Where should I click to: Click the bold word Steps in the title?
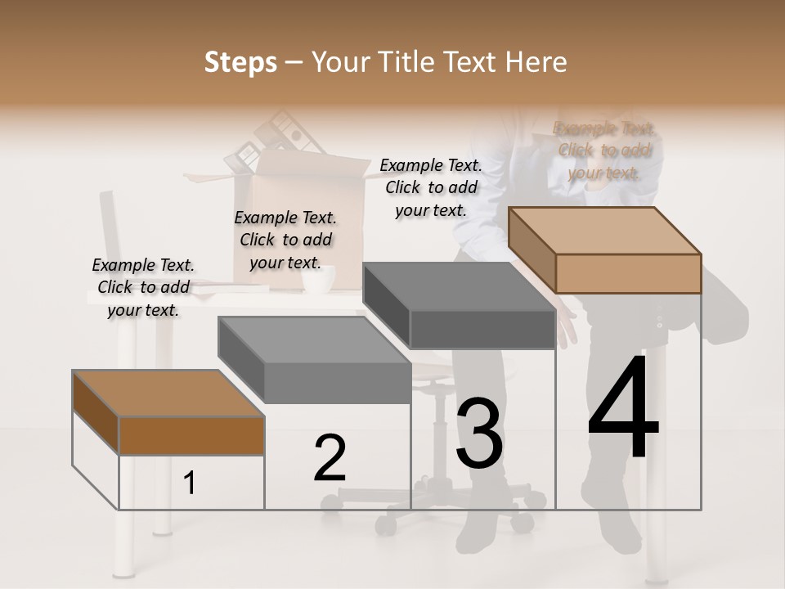point(240,62)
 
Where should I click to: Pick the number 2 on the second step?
point(330,458)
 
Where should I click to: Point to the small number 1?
point(189,483)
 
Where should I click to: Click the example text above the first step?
point(143,287)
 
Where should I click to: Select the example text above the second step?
point(285,240)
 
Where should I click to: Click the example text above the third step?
point(431,187)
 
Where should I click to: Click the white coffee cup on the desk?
point(318,279)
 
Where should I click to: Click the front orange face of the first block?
point(191,435)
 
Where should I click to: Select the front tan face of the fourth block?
point(628,273)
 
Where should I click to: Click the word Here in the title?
point(536,62)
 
